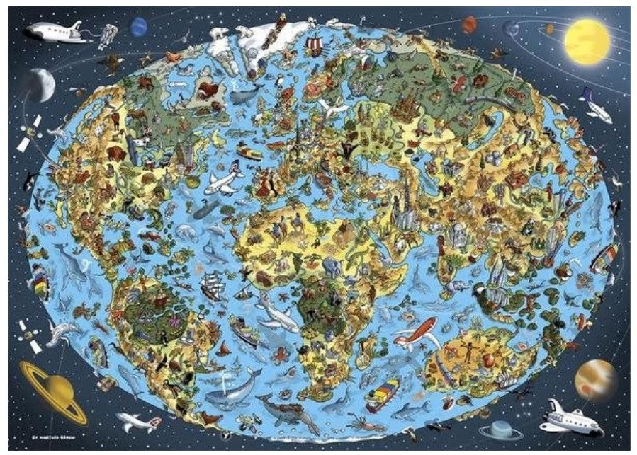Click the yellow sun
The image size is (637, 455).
[587, 42]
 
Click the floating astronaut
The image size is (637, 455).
[107, 33]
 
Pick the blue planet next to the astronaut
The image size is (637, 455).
[138, 27]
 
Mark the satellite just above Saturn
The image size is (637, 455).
[33, 332]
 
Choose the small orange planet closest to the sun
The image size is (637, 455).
[548, 29]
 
